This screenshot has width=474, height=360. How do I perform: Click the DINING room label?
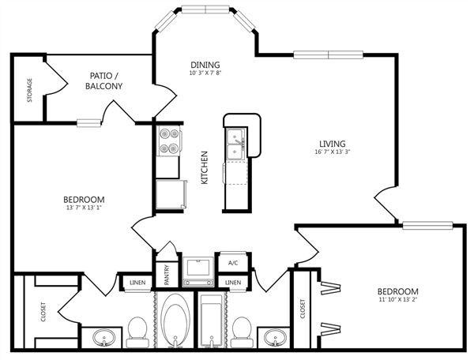click(205, 65)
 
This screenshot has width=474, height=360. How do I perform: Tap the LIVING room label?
click(333, 144)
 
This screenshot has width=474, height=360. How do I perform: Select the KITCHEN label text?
click(205, 167)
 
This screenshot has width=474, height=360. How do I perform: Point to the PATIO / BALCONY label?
click(103, 81)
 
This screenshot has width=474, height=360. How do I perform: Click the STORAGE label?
click(30, 90)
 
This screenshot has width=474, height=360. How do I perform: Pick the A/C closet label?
click(233, 263)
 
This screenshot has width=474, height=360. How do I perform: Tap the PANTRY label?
click(167, 276)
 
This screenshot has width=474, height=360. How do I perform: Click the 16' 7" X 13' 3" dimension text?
click(333, 152)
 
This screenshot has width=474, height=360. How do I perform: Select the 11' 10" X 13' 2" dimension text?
click(398, 300)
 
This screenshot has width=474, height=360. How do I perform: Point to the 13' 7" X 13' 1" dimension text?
click(84, 208)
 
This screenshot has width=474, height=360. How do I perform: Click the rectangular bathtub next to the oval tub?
click(212, 321)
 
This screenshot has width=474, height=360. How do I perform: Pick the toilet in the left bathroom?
click(137, 332)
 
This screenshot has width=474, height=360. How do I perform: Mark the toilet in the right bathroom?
click(242, 332)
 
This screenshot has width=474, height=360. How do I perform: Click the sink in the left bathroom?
click(103, 337)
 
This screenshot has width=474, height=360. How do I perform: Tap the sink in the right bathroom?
click(275, 337)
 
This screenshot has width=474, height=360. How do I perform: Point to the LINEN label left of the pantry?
click(137, 283)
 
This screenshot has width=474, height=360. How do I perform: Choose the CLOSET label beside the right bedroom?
click(303, 309)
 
